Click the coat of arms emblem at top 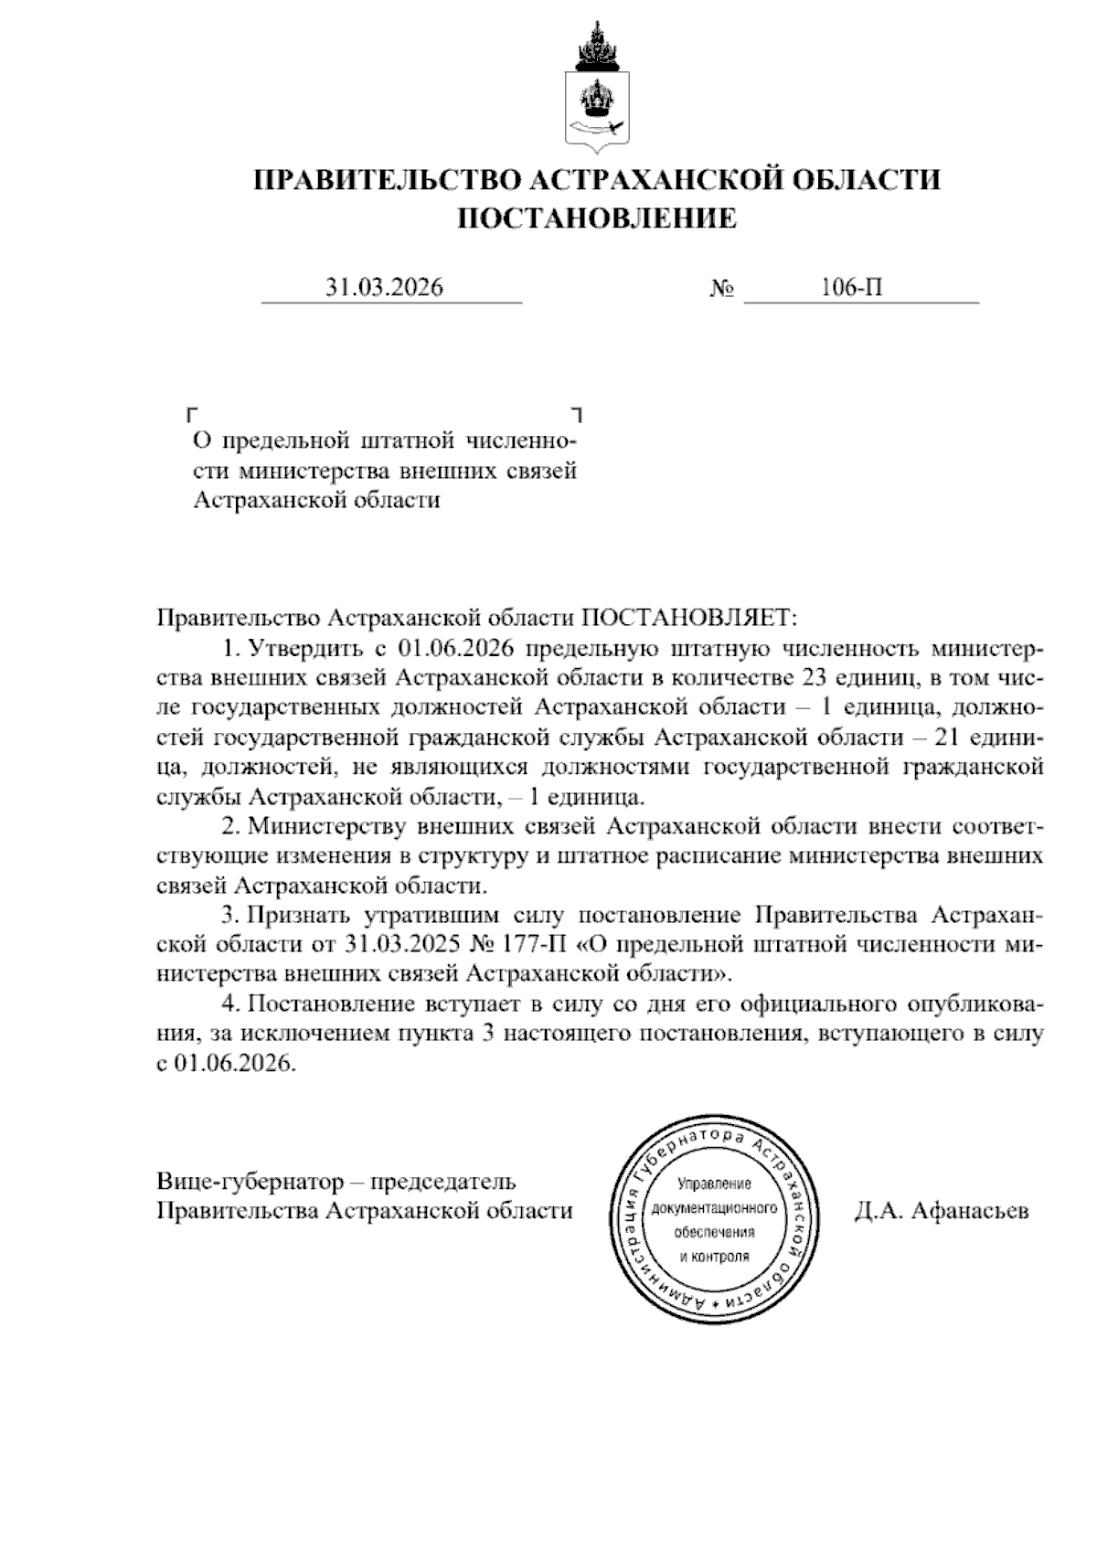[x=596, y=88]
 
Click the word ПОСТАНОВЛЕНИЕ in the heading [x=596, y=218]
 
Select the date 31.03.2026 [x=385, y=288]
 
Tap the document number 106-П [x=851, y=288]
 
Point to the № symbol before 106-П [x=722, y=289]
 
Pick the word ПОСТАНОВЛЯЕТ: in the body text [x=690, y=618]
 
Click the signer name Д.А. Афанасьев [x=942, y=1211]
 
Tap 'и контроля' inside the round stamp [x=714, y=1256]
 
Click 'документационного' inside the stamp [x=714, y=1208]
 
